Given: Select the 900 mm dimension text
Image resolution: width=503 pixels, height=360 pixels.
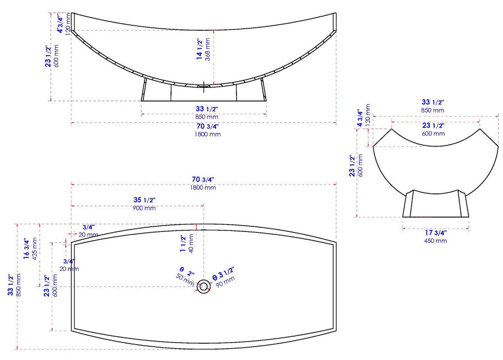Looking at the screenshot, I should click(144, 208).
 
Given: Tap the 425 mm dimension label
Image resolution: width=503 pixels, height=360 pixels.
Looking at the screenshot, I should click(34, 249).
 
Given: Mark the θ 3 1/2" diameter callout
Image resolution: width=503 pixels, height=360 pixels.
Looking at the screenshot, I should click(223, 272).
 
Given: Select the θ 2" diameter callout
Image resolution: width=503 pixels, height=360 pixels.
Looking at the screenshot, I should click(186, 271).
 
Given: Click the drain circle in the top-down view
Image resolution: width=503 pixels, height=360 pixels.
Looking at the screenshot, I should click(204, 286).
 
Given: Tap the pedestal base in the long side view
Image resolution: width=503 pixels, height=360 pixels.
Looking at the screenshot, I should click(203, 94).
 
